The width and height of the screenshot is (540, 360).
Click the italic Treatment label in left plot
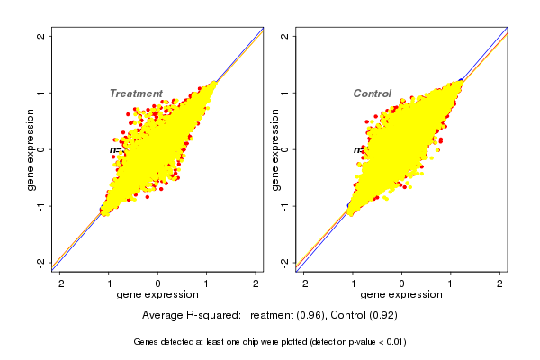[136, 94]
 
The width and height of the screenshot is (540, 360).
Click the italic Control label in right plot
[372, 94]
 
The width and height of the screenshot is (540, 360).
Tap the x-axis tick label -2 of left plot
[59, 284]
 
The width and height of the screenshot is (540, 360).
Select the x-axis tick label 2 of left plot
[256, 284]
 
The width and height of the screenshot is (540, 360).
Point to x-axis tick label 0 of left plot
[158, 284]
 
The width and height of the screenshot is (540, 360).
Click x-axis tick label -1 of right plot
[352, 284]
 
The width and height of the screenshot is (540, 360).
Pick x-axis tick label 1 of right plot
[451, 284]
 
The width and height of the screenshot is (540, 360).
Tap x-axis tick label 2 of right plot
[500, 284]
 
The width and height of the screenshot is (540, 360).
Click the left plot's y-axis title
[31, 149]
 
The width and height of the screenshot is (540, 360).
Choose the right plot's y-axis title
[274, 149]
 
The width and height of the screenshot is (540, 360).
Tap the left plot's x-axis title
[157, 295]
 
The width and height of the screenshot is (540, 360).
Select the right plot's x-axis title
[400, 295]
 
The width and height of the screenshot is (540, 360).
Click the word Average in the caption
[165, 316]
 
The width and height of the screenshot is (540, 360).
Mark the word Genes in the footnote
[147, 342]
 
